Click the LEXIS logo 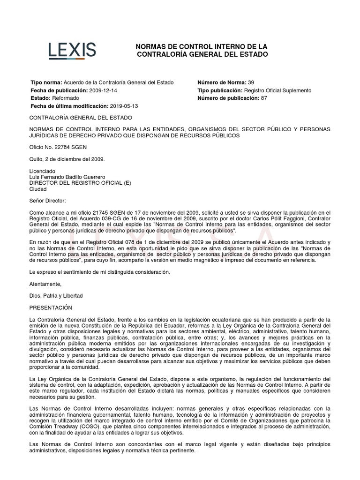pos(72,50)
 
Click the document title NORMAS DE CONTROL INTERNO pos(202,51)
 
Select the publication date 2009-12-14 pos(106,90)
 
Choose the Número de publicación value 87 pos(264,98)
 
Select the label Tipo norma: pos(46,82)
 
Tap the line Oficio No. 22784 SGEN pos(59,147)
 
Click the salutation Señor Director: pos(48,201)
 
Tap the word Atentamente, pos(45,284)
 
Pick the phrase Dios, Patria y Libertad pos(56,296)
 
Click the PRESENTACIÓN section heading pos(51,307)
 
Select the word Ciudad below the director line pos(38,189)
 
